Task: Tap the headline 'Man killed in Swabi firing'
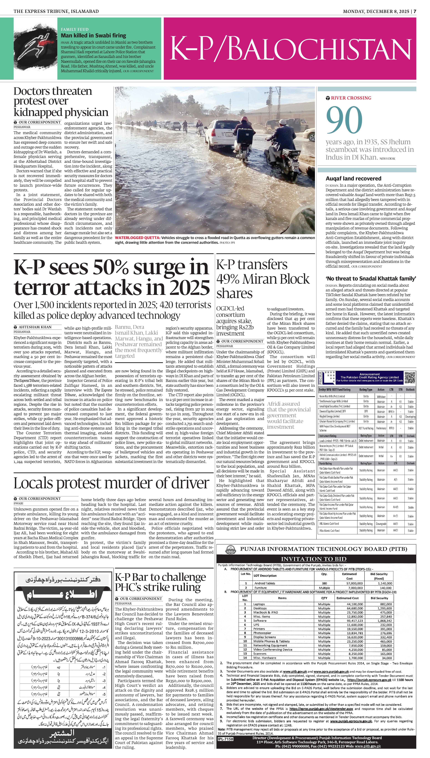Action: pyautogui.click(x=93, y=35)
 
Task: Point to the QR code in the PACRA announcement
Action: pyautogui.click(x=410, y=377)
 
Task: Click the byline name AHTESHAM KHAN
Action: pyautogui.click(x=35, y=327)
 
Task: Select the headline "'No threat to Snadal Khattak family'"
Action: pyautogui.click(x=371, y=279)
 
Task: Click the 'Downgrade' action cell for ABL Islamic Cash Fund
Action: pyautogui.click(x=381, y=524)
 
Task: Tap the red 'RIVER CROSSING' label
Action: pyautogui.click(x=351, y=98)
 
